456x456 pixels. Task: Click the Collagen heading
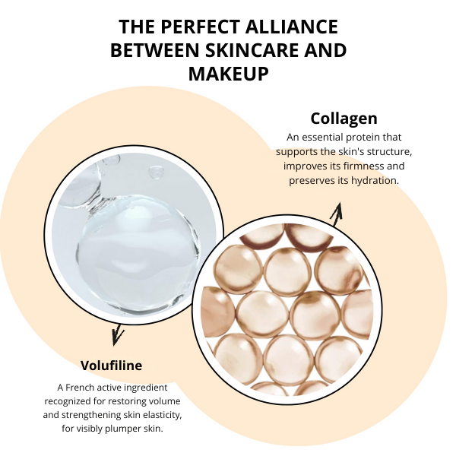[x=344, y=119]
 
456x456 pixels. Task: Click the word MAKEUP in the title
[x=228, y=74]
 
